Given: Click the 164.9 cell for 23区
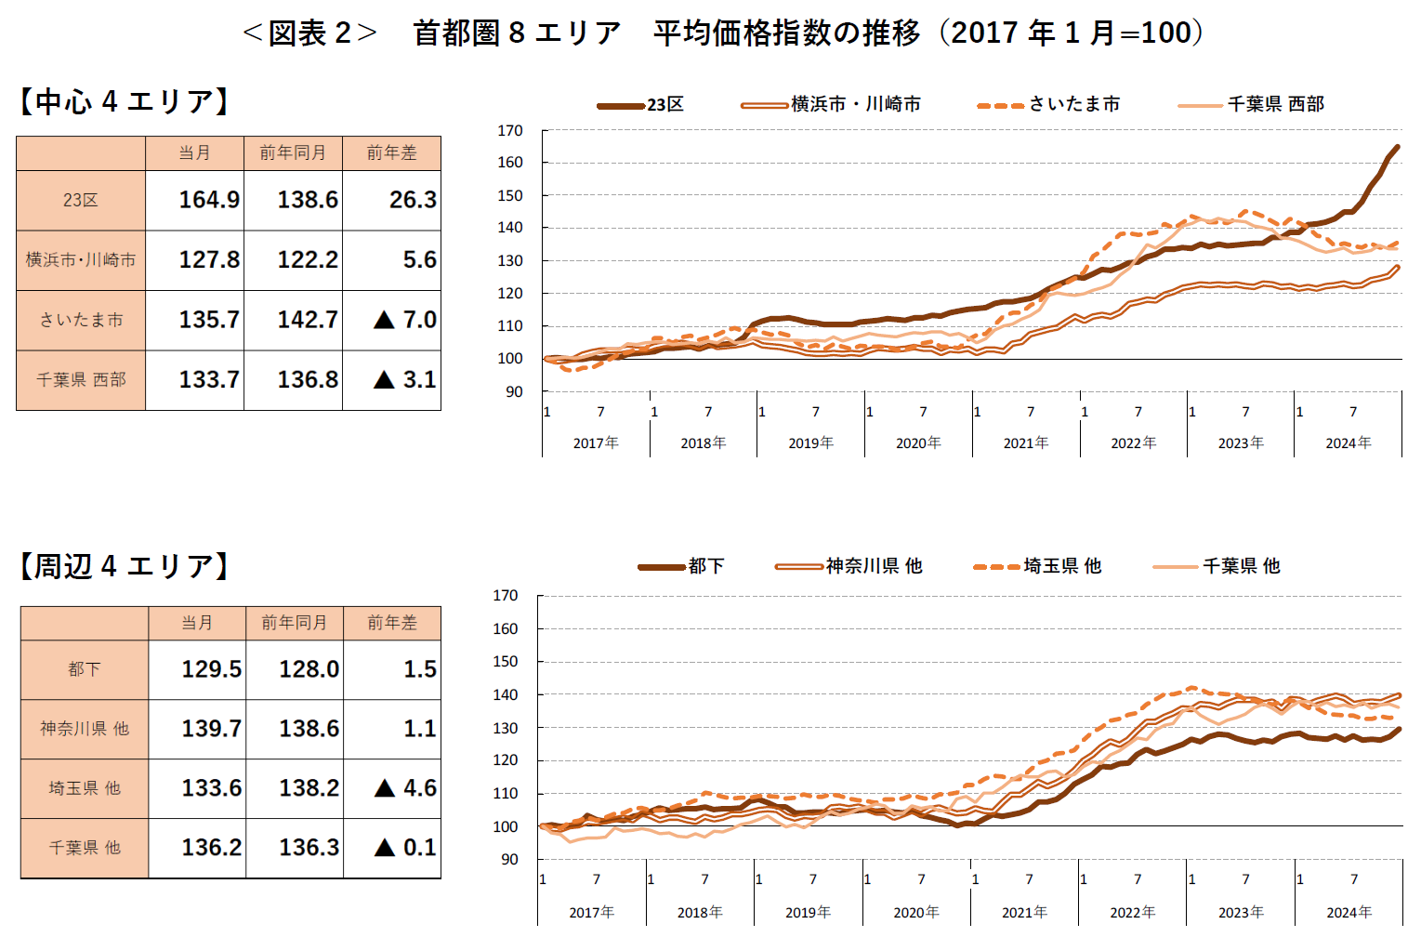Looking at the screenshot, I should click(x=208, y=200).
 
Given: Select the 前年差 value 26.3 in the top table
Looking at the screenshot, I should click(x=412, y=200).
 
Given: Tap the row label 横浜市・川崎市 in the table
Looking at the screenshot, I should click(x=81, y=260).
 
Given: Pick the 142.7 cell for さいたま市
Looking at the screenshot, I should click(x=307, y=320).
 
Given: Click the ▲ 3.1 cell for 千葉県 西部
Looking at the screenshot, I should click(x=404, y=379).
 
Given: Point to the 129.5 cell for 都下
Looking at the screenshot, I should click(x=211, y=669).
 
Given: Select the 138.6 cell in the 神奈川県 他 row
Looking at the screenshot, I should click(x=309, y=729).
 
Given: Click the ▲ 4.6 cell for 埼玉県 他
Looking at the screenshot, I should click(x=405, y=788).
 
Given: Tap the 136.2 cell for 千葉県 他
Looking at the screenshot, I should click(x=211, y=848).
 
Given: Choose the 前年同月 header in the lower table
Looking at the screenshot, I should click(x=294, y=623).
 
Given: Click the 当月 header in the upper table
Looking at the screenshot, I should click(x=194, y=152).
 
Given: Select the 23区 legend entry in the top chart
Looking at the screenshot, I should click(x=665, y=105).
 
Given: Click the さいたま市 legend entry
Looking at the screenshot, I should click(x=1073, y=105).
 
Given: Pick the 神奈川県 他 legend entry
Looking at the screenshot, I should click(x=874, y=566).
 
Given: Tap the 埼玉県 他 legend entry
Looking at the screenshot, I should click(x=1062, y=566).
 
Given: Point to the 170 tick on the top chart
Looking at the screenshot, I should click(x=510, y=131).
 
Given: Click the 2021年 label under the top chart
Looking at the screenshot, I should click(x=1026, y=443).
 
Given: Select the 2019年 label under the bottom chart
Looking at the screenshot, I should click(x=808, y=913).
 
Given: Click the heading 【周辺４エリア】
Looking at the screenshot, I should click(x=125, y=566).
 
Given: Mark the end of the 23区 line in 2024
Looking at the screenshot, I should click(x=1397, y=147).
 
